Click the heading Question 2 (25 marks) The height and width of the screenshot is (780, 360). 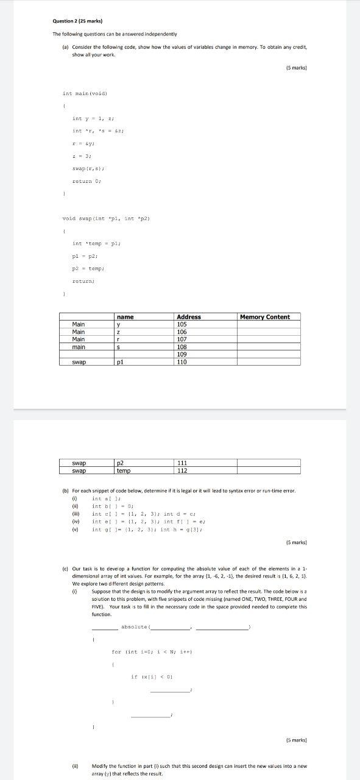click(76, 21)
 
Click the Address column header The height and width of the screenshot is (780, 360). click(188, 317)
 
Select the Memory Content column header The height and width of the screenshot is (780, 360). click(264, 317)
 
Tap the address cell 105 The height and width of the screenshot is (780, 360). click(182, 324)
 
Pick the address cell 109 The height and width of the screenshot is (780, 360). click(182, 354)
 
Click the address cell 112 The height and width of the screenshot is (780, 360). click(182, 470)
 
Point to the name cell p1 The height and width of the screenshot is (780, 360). click(120, 362)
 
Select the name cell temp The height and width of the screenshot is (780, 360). click(124, 470)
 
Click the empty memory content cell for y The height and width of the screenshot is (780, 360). click(268, 324)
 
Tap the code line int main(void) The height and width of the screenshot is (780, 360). click(85, 93)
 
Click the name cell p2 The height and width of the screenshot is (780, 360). click(120, 463)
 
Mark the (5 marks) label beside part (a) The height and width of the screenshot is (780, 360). click(295, 68)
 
